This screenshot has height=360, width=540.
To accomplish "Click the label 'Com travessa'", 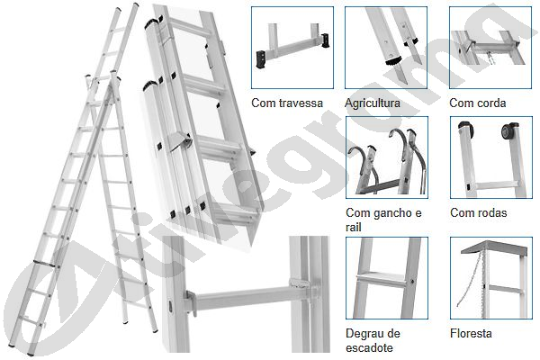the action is tap(287, 103).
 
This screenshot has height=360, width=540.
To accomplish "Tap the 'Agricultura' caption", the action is tap(373, 103).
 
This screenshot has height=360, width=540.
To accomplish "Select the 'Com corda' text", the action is tap(478, 103).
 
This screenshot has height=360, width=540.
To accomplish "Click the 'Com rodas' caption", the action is tap(479, 212).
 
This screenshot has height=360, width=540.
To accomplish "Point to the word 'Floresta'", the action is tap(471, 333).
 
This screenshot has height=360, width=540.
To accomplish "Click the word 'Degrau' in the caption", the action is tap(364, 334).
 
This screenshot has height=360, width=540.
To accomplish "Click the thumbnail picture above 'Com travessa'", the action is tap(292, 48).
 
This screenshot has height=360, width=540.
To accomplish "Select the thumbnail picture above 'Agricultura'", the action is tap(386, 48).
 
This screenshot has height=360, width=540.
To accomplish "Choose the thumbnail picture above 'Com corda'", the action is tap(490, 48).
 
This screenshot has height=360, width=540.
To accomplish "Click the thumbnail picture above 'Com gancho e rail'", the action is tap(387, 157).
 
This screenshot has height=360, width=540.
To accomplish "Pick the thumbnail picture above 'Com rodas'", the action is tap(491, 157).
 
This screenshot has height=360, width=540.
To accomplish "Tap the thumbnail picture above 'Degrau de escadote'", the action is tap(387, 278).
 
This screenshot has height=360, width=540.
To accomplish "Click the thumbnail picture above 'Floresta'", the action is tap(491, 278).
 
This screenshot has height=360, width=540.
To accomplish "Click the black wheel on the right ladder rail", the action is tap(508, 131).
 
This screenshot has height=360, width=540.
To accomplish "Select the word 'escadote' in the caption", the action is tap(369, 347).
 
